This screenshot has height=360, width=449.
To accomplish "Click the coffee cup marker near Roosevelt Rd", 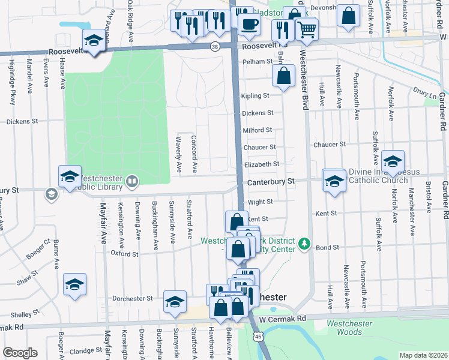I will click(x=250, y=25).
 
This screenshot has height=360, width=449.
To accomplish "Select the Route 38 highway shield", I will click(x=215, y=46).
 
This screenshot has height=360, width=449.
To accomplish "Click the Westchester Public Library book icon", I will click(x=131, y=180).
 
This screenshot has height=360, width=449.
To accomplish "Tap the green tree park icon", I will click(x=305, y=243).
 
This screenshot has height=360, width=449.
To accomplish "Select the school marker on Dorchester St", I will click(x=175, y=301).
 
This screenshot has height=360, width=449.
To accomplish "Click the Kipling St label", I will click(x=255, y=96).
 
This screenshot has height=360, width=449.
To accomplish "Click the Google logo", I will click(x=20, y=353).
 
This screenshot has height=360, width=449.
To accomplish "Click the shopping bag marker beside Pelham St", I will click(x=284, y=76).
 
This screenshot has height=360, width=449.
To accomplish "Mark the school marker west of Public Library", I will click(x=70, y=176).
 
